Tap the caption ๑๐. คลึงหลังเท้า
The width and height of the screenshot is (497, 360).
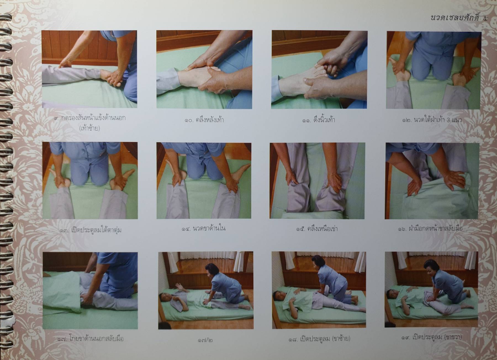click(x=204, y=120)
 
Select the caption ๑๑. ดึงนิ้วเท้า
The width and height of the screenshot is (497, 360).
click(x=319, y=120)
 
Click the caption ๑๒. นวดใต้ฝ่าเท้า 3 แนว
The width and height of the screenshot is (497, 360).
click(x=432, y=120)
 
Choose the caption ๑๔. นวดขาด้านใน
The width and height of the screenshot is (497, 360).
click(x=203, y=228)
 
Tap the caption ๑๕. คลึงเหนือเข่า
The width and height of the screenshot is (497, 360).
click(x=317, y=229)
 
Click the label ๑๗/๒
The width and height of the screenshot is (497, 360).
click(x=205, y=340)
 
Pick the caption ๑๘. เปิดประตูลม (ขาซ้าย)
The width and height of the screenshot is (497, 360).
click(x=318, y=338)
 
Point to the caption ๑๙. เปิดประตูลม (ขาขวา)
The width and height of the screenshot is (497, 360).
click(x=432, y=337)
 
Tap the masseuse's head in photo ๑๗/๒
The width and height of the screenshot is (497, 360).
click(x=211, y=269)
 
